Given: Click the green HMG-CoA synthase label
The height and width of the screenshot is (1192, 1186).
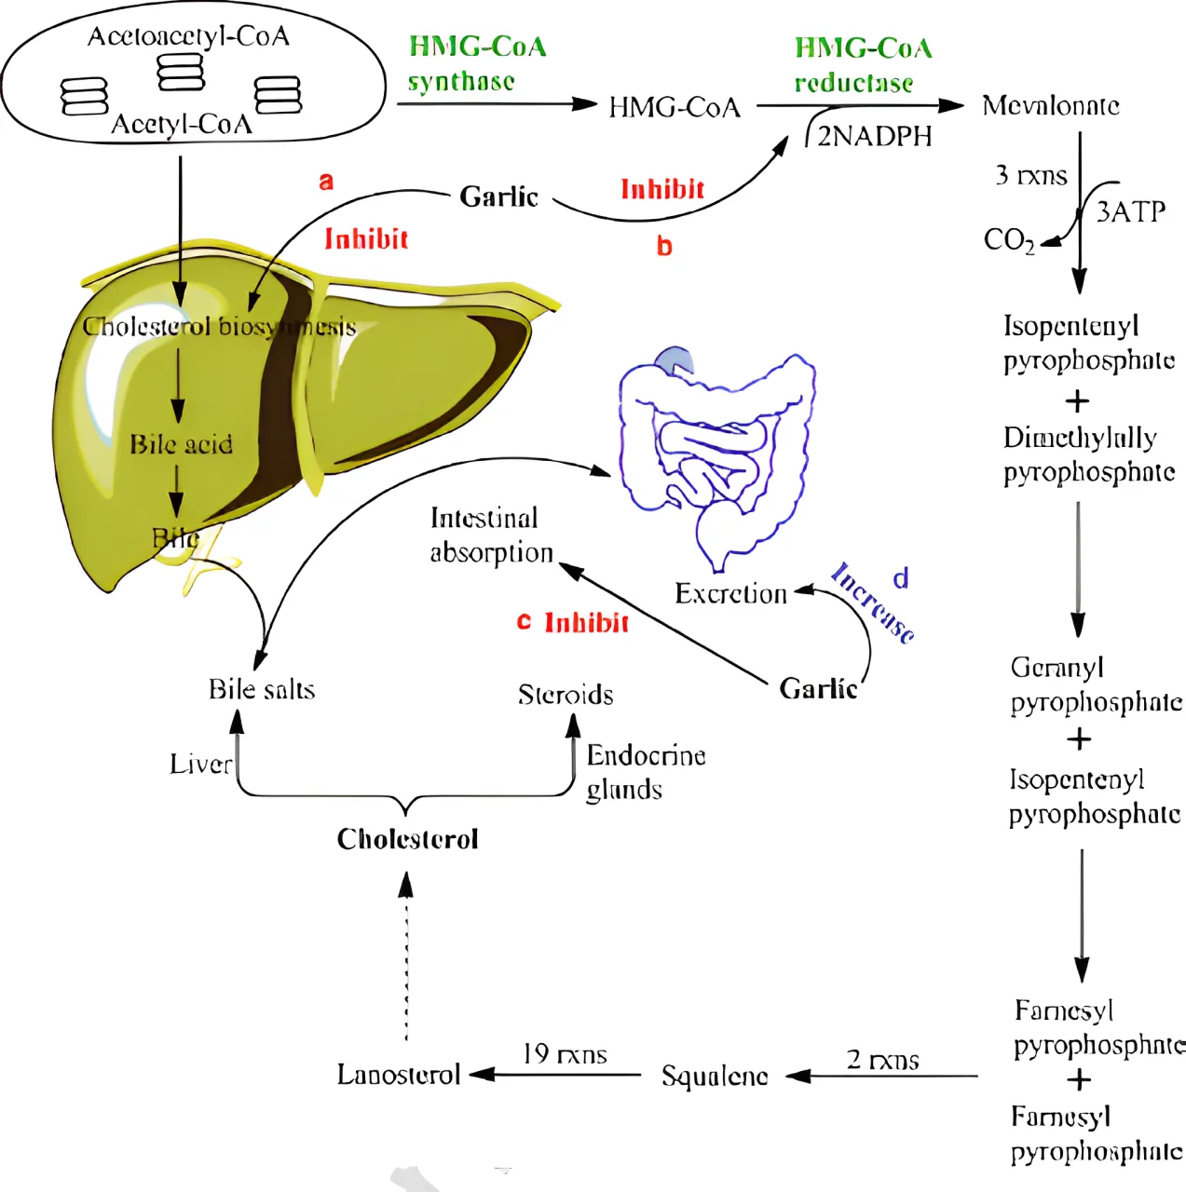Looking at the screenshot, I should click(476, 63).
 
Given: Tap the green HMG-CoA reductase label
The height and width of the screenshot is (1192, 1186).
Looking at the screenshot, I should click(862, 65).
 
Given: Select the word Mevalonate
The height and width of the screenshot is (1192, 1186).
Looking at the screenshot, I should click(1050, 105).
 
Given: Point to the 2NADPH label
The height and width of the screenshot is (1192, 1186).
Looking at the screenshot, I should click(874, 137).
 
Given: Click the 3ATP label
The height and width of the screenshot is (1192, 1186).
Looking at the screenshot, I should click(1130, 212).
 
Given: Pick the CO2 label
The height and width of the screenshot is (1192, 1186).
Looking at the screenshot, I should click(1008, 241).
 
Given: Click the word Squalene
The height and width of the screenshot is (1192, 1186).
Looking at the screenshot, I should click(715, 1077).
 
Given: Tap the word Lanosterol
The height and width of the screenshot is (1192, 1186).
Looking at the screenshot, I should click(399, 1075).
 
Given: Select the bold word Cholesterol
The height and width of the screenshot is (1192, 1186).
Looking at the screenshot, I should click(407, 839).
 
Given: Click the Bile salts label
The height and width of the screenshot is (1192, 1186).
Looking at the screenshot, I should click(262, 690).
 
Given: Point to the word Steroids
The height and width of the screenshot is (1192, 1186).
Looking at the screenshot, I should click(566, 695).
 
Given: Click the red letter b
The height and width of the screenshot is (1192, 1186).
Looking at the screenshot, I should click(664, 247).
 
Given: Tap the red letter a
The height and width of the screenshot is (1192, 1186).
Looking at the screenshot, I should click(325, 182).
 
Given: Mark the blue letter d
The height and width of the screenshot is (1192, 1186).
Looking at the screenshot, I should click(900, 579).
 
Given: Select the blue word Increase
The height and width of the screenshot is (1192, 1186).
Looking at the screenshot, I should click(873, 603).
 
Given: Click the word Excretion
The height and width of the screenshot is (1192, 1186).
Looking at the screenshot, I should click(730, 594).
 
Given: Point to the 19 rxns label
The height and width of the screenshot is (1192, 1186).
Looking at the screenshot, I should click(565, 1054).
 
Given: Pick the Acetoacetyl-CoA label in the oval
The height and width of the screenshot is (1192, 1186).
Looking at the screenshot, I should click(188, 36).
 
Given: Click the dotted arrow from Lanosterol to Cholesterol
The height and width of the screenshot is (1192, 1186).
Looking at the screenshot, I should click(405, 959).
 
